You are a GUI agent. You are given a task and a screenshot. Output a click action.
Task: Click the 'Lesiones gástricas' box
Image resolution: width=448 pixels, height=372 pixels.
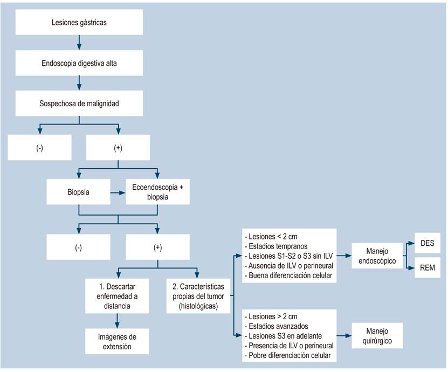79,23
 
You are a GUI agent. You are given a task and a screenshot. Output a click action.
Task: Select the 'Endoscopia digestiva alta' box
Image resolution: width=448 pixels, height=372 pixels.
79,63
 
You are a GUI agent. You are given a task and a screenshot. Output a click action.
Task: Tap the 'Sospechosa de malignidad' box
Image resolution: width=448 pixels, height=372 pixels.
79,103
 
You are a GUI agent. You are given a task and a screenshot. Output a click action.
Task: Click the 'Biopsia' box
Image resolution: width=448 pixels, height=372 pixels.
79,191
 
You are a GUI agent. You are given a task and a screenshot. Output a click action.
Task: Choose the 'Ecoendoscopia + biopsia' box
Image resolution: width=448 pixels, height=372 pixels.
157,191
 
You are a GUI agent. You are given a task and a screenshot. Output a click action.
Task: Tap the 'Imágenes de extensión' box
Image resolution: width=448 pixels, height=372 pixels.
117,342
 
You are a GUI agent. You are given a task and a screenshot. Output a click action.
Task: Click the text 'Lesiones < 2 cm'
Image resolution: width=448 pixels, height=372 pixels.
267,236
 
